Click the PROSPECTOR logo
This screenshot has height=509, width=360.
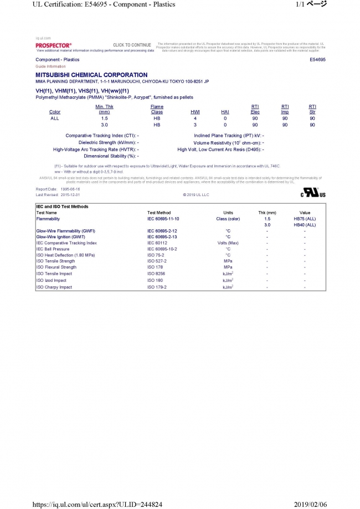point(53,44)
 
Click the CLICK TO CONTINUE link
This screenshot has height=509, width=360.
point(132,45)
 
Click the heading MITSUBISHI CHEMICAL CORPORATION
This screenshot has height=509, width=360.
point(91,75)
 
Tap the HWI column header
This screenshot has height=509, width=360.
point(195,112)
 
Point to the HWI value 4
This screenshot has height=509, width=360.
point(195,119)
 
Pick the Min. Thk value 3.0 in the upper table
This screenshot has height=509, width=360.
point(104,125)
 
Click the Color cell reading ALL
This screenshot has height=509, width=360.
point(55,119)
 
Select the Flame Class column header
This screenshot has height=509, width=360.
point(157,109)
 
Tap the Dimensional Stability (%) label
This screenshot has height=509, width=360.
point(110,156)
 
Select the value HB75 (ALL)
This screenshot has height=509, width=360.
point(305,219)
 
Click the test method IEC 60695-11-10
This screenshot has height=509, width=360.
point(163,219)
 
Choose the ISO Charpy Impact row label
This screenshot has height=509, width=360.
point(54,287)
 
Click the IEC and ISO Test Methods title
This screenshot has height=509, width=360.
point(62,207)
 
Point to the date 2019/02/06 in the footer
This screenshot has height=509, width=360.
point(326,503)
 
